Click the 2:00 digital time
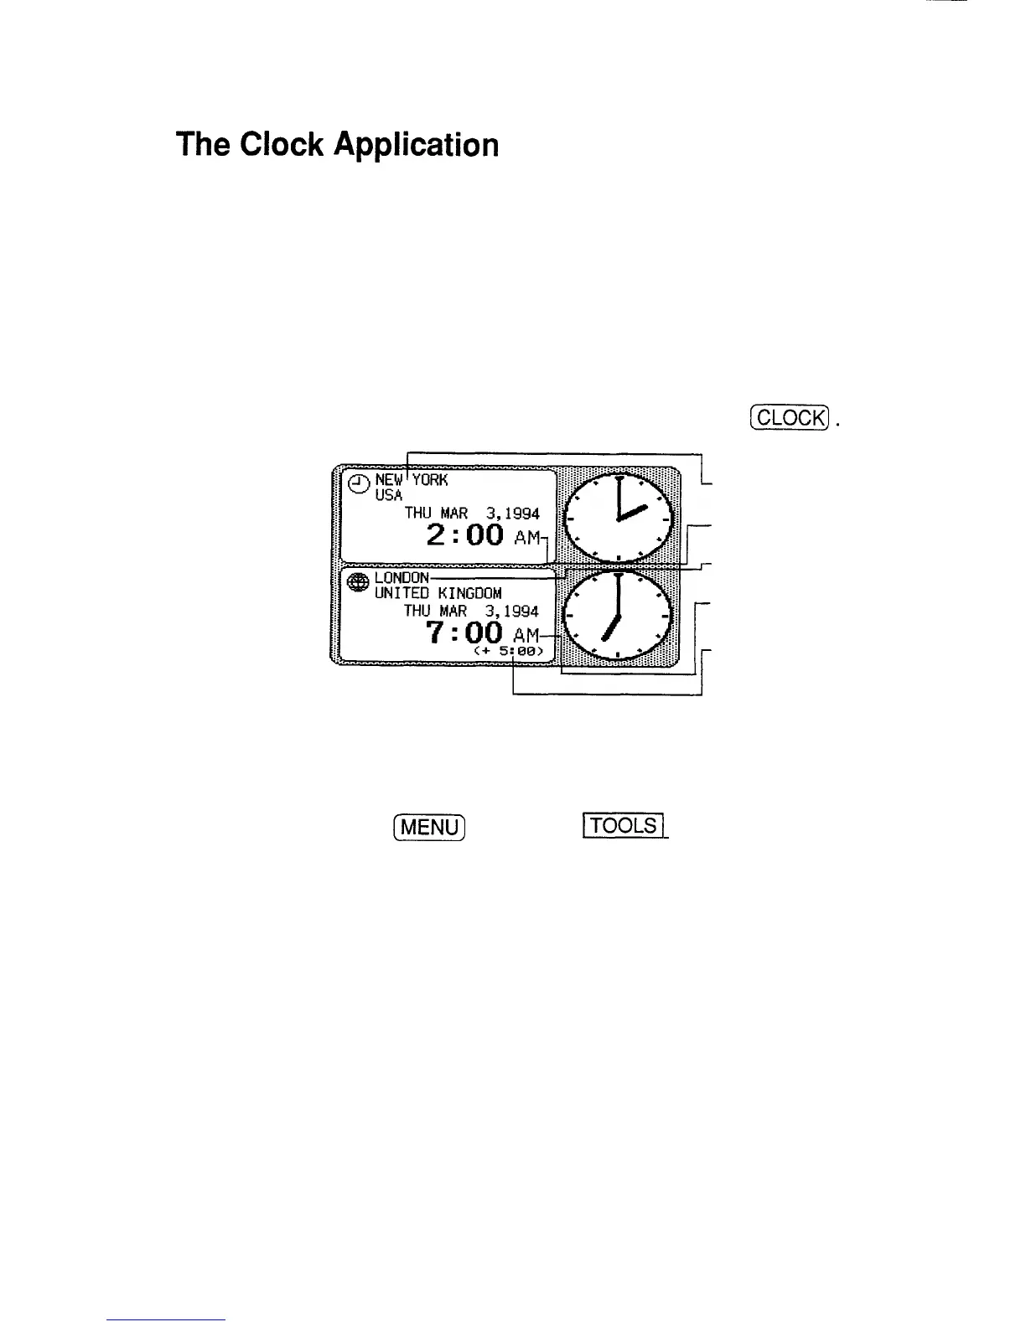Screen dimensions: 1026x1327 coord(464,535)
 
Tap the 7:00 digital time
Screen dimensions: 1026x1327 coord(464,633)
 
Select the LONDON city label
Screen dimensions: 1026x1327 coord(402,577)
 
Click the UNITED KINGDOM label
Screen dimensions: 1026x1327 coord(438,593)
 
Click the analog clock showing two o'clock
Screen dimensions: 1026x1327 coord(619,519)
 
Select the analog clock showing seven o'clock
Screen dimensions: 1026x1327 coord(619,615)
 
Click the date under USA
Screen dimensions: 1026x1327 coord(472,514)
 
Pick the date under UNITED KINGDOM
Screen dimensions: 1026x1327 coord(471,612)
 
